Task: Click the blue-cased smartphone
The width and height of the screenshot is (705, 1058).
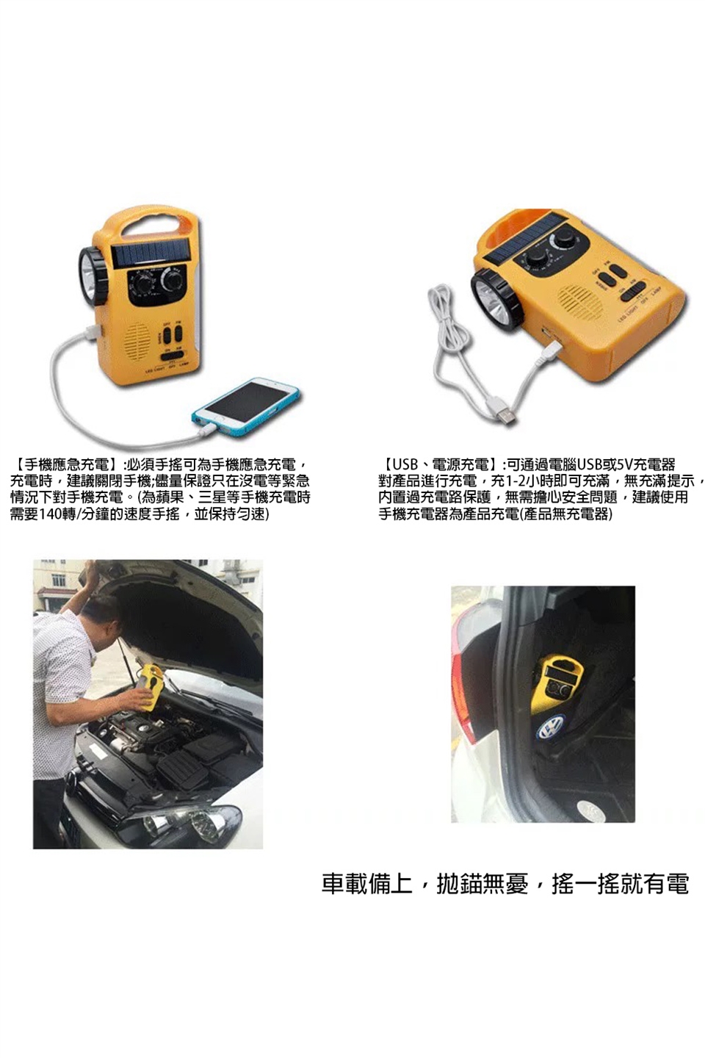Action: click(245, 405)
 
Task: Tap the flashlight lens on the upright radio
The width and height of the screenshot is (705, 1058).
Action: click(89, 276)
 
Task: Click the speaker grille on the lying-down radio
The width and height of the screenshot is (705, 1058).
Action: click(580, 301)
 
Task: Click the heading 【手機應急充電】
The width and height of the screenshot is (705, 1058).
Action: click(65, 465)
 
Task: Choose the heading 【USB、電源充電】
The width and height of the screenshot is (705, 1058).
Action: click(439, 465)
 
